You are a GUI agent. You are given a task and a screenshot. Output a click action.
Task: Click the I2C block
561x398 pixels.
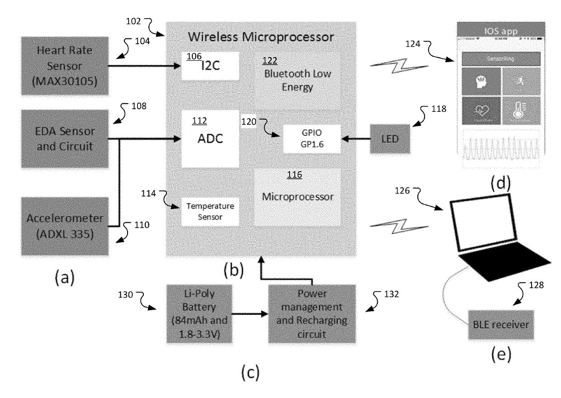[x=210, y=66]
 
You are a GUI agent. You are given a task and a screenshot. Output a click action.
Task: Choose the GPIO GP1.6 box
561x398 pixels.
[x=311, y=139]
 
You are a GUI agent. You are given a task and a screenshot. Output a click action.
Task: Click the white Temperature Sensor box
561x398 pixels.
[x=210, y=211]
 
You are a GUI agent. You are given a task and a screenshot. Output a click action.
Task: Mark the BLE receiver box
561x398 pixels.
[x=501, y=325]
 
